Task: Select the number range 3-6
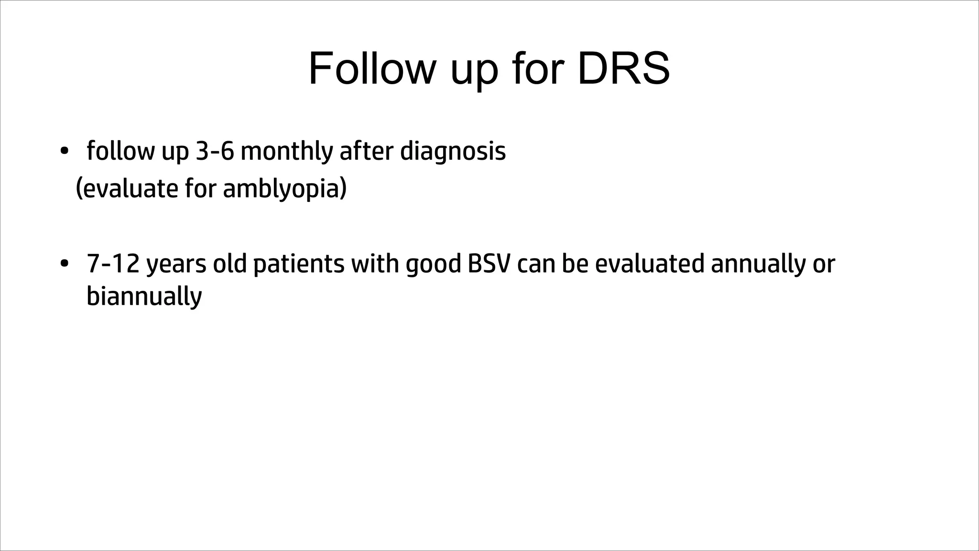click(215, 151)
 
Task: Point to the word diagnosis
click(453, 152)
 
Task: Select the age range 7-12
click(113, 264)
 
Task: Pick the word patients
click(298, 264)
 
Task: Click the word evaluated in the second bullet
click(650, 264)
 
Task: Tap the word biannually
click(144, 297)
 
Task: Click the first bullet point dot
click(64, 152)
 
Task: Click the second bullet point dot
click(64, 264)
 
